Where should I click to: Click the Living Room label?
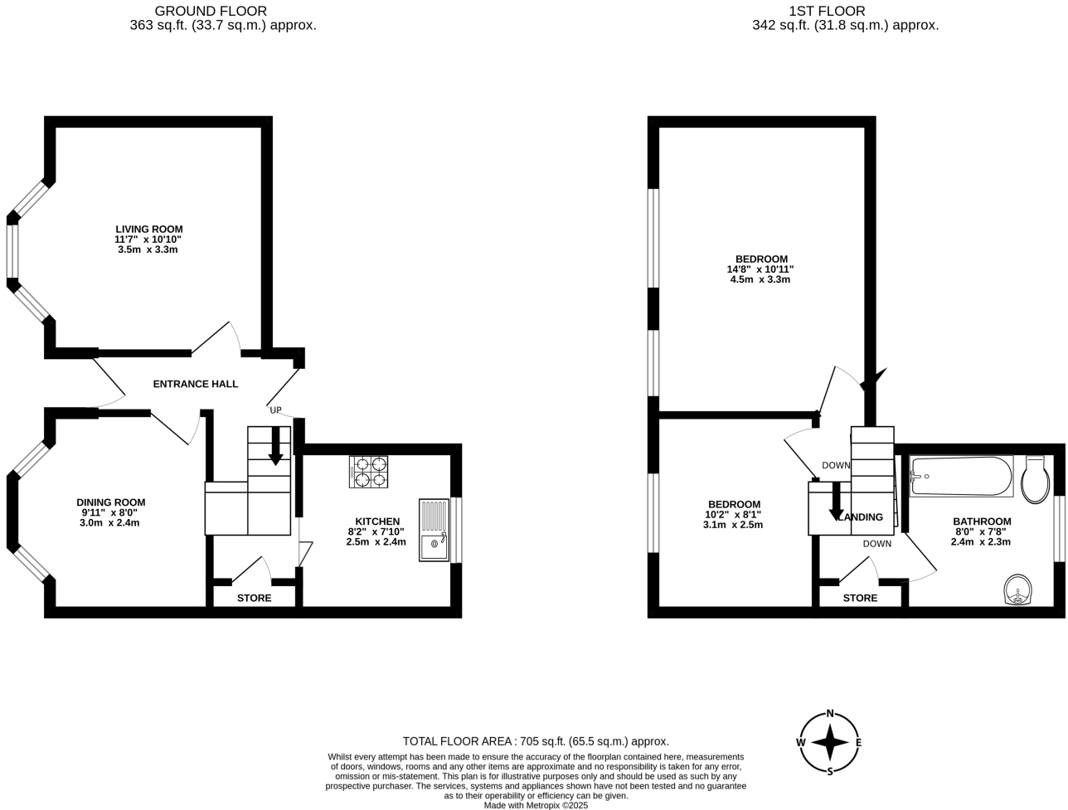tap(148, 230)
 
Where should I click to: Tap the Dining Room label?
tap(110, 502)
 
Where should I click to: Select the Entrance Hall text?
tap(196, 384)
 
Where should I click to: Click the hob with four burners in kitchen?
tap(369, 472)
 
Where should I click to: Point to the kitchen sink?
tap(434, 530)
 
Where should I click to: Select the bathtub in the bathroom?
tap(961, 477)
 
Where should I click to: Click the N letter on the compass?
tap(829, 715)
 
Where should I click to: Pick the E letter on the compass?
tap(858, 743)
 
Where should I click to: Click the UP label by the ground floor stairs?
tap(275, 410)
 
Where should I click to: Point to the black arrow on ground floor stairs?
tap(275, 449)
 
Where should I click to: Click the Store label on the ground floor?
tap(254, 599)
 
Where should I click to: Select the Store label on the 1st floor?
tap(860, 599)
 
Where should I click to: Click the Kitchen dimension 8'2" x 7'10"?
tap(376, 531)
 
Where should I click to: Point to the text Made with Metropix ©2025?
tap(536, 805)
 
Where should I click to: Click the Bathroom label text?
tap(981, 521)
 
